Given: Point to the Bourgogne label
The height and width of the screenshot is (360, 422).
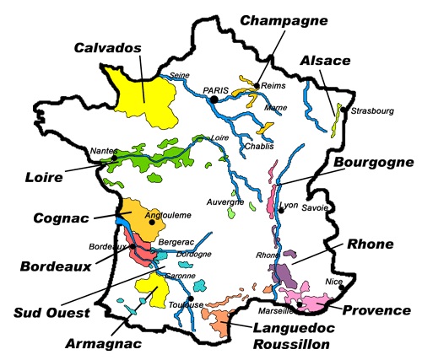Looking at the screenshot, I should coord(371,162).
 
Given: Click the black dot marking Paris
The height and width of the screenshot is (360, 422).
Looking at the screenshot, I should coord(216,99).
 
